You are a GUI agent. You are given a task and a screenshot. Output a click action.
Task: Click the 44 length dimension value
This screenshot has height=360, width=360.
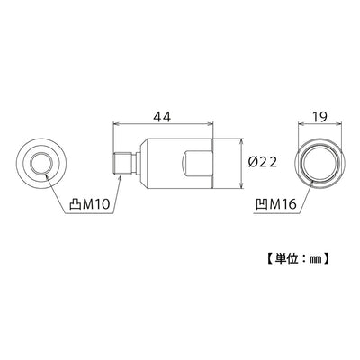pos(162,116)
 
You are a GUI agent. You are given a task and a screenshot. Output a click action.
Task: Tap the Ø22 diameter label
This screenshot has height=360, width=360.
pos(263,163)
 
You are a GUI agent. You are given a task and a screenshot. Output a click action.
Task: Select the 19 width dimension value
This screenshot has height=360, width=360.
pos(319,116)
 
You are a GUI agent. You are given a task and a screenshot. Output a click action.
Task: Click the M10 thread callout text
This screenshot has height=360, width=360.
pos(96,205)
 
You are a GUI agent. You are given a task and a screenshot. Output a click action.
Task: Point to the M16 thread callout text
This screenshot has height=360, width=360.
pos(283,204)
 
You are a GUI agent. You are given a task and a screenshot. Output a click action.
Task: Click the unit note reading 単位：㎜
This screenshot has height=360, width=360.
pos(298,258)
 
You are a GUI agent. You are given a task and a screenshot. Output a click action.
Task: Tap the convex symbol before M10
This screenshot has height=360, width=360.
pos(75,205)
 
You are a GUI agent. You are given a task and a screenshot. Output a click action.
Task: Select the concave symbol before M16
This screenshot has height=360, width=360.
pos(262,204)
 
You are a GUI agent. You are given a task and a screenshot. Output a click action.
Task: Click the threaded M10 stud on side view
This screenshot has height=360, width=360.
pos(123,164)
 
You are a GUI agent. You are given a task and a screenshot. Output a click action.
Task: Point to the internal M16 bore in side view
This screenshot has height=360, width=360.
pos(198,164)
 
